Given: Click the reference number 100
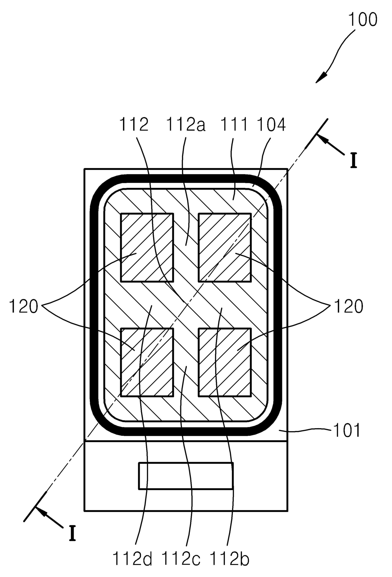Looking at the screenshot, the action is (x=362, y=20).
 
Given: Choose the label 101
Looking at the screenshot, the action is (x=347, y=430).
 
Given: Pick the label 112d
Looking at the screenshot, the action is (x=132, y=559).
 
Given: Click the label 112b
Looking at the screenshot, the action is (x=229, y=559).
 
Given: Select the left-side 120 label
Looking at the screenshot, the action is (x=23, y=306).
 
